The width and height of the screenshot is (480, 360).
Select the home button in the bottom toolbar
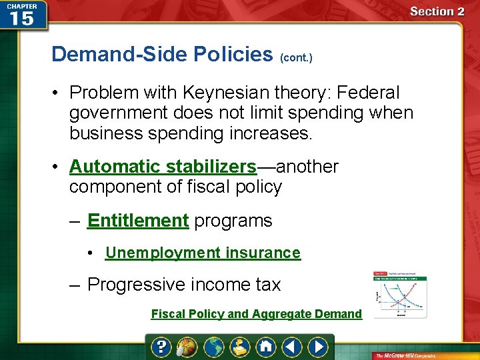(x=266, y=347)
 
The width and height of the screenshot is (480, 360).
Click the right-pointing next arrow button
(x=319, y=347)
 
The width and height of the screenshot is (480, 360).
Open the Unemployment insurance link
(x=203, y=253)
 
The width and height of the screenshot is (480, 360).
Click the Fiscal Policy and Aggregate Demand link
(x=256, y=314)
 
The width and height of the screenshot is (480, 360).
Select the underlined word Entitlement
(x=138, y=221)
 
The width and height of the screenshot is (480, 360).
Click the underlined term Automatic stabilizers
(x=163, y=166)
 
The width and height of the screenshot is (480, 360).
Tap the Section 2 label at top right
(x=437, y=11)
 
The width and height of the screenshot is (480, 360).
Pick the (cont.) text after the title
(x=296, y=58)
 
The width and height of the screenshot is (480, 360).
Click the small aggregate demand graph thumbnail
(x=400, y=295)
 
